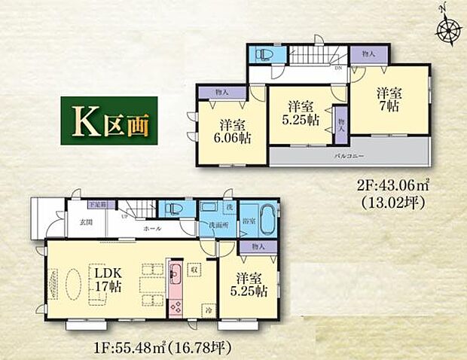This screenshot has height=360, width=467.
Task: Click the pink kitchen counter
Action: (x=174, y=289)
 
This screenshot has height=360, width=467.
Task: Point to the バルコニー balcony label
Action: (x=349, y=156)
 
